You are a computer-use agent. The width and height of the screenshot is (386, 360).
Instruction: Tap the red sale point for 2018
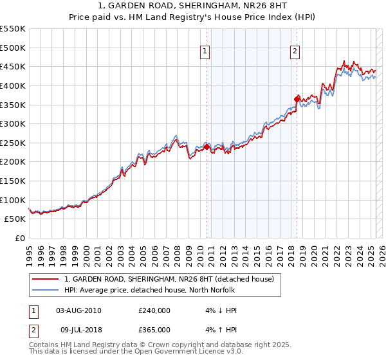click(x=297, y=99)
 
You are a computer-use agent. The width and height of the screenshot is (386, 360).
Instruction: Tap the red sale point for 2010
click(x=207, y=147)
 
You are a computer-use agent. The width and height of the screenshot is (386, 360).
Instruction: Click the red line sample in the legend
click(x=46, y=279)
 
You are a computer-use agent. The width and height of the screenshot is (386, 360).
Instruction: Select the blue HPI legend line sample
click(x=46, y=290)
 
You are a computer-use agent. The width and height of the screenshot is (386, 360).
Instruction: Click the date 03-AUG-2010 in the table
click(x=78, y=310)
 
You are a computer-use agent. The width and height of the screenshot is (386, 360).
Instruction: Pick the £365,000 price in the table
click(x=154, y=330)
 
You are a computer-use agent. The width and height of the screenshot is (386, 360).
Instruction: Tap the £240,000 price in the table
click(x=154, y=310)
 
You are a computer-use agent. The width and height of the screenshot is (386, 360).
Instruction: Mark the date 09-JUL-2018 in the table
click(x=78, y=330)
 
